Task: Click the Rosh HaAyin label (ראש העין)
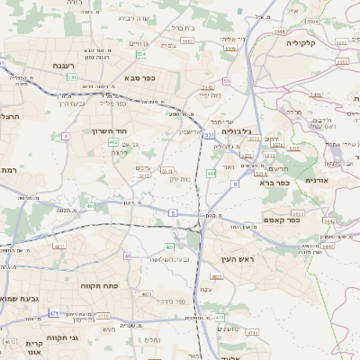point(238,259)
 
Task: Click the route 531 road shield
point(209,135)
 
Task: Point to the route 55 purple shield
point(227,81)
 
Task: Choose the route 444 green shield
point(211,173)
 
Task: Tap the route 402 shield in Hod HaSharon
point(113,142)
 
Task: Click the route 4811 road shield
point(59,246)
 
